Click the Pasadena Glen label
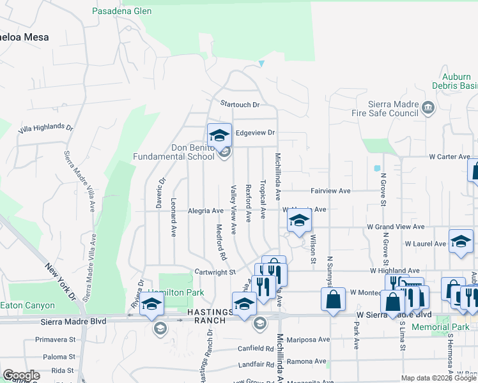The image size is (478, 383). coord(121,11)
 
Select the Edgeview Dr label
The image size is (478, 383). coord(254,133)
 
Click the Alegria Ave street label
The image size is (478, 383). coord(205,211)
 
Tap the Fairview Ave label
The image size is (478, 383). coord(330,190)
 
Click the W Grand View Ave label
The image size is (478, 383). coord(395,227)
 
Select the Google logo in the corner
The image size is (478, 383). coord(21,375)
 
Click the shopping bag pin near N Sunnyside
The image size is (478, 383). coord(334,299)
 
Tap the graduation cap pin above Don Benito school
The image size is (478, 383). coord(219,135)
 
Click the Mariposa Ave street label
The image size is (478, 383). coord(308,340)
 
